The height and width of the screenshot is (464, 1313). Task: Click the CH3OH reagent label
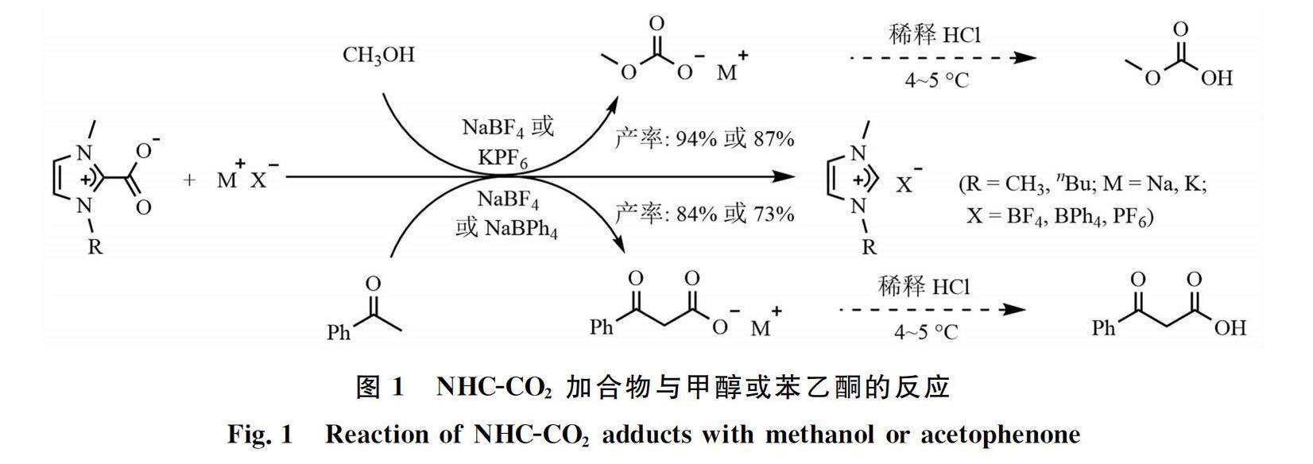[x=378, y=56]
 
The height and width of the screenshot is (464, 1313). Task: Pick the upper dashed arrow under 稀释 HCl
[x=943, y=58]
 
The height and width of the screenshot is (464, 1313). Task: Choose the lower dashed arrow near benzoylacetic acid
[x=933, y=309]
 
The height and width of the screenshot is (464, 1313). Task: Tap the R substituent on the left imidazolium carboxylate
[x=95, y=247]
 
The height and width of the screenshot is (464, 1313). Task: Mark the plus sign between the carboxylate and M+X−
[x=188, y=180]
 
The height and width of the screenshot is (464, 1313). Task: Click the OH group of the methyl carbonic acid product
[x=1216, y=78]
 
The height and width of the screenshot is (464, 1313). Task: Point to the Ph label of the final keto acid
[x=1104, y=327]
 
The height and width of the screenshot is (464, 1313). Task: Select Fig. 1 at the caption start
[x=260, y=435]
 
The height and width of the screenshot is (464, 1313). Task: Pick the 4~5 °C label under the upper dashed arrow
[x=936, y=81]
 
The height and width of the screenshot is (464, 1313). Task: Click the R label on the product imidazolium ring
[x=869, y=247]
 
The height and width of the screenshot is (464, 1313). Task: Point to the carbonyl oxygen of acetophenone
[x=372, y=284]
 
